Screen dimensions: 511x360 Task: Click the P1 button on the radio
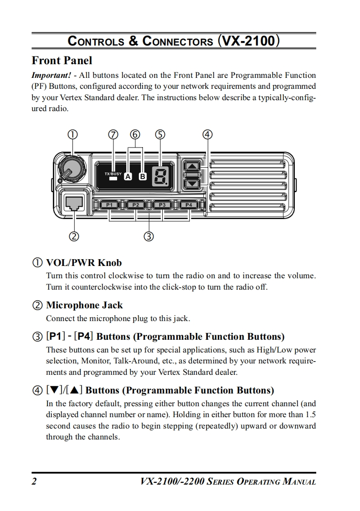pos(109,205)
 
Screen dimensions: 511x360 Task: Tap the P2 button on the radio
pos(136,205)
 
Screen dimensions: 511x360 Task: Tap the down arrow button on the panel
pos(193,184)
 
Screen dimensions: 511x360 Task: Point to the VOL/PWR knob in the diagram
pos(69,168)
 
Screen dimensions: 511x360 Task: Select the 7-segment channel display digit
pos(160,176)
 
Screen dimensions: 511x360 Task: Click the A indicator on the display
pos(128,177)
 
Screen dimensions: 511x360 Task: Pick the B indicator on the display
pos(143,177)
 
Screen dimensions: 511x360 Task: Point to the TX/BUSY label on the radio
pos(113,174)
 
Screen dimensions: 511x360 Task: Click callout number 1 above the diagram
pos(72,134)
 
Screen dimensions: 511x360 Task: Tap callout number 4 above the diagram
pos(207,134)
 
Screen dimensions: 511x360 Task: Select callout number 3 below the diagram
pos(149,236)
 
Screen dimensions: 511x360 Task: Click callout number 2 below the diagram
pos(74,236)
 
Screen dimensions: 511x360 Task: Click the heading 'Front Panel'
pos(62,61)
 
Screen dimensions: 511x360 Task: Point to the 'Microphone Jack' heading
pos(84,305)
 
